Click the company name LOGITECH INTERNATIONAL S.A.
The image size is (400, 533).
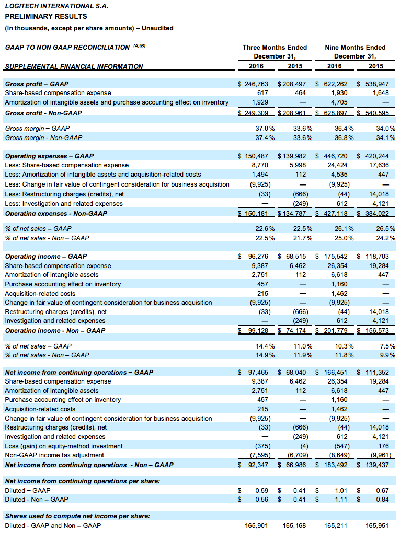click(x=56, y=6)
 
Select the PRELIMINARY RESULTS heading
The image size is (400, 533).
click(x=46, y=16)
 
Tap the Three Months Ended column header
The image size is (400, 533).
click(x=275, y=47)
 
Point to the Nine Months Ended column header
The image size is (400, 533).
click(x=355, y=47)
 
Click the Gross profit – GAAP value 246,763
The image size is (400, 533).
click(x=256, y=84)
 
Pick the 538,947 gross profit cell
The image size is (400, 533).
click(x=377, y=84)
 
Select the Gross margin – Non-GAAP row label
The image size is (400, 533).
click(x=43, y=137)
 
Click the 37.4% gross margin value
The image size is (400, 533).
click(x=265, y=137)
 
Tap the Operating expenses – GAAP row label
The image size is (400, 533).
click(x=49, y=156)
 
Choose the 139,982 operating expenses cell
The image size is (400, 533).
click(x=294, y=156)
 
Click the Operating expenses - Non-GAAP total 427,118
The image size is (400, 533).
click(x=336, y=214)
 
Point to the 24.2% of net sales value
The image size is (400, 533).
click(x=386, y=238)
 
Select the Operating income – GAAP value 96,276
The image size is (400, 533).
click(x=258, y=256)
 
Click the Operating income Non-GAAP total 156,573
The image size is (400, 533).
click(x=377, y=330)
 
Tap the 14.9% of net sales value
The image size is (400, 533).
click(x=265, y=355)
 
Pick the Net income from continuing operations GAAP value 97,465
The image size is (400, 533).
click(x=258, y=373)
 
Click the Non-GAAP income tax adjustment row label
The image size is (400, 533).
click(x=54, y=455)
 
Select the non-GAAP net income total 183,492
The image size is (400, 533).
click(x=336, y=465)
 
